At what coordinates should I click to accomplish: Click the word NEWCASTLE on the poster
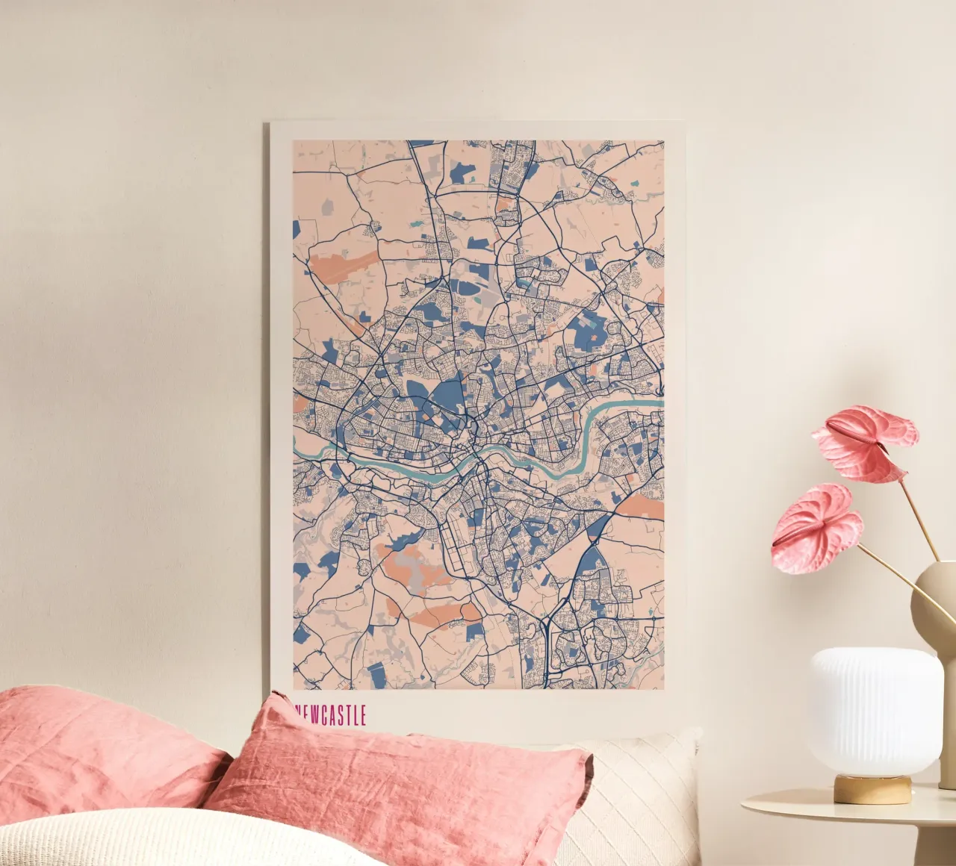pos(331,715)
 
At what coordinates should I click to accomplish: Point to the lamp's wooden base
pos(872,788)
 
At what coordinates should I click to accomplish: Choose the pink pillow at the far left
pos(97,747)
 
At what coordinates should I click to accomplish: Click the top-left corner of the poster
pos(271,122)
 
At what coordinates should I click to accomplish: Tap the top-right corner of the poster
pos(683,122)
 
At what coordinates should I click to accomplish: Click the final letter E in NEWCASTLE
pos(362,715)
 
